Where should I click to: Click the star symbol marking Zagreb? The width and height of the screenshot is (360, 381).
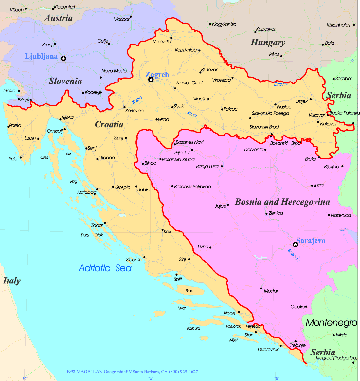pos(151,80)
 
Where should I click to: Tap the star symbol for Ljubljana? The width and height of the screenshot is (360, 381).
pos(63,58)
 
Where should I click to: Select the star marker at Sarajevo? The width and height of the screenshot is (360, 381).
pos(295,245)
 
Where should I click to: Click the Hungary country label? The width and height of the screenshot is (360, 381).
pos(268,43)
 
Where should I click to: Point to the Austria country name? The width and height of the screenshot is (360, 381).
pos(58,18)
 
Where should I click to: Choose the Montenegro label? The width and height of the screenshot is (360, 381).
pos(331,323)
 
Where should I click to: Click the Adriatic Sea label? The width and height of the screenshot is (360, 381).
pos(105,268)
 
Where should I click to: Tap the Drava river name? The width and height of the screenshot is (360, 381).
pos(280,84)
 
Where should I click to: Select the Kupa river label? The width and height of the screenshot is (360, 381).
pos(137,100)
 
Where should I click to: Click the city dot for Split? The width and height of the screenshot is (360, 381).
pos(177,275)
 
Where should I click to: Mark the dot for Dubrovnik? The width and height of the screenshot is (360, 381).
pos(280,346)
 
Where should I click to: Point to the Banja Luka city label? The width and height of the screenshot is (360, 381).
pos(207,167)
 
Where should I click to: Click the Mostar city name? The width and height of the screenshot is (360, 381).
pos(271,291)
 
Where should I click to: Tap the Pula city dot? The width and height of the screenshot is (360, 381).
pos(21,158)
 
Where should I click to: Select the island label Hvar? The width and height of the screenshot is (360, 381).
pos(182,308)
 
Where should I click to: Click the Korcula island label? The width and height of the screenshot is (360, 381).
pos(193,328)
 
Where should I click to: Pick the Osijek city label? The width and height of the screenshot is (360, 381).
pos(301,101)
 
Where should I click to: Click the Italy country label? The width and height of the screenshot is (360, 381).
pos(12,281)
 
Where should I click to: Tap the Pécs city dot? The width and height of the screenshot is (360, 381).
pos(281,56)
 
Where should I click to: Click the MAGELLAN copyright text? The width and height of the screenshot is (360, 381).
pos(132,372)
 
